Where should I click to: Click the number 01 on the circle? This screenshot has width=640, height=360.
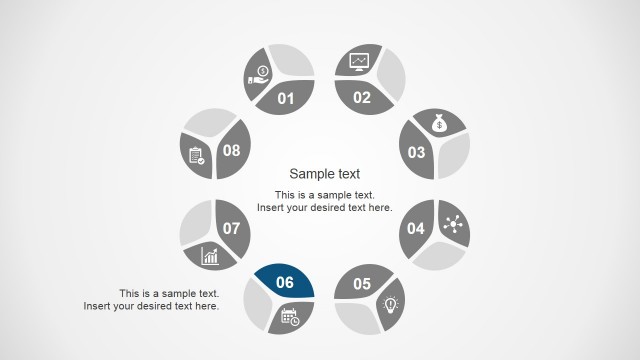point(286,98)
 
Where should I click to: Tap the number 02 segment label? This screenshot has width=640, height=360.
point(362,98)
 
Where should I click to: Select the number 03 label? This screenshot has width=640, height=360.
point(416,153)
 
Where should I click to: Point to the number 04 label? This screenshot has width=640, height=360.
point(416,229)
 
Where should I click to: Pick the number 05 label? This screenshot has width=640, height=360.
point(362,283)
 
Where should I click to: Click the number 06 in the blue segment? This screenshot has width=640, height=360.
point(285,283)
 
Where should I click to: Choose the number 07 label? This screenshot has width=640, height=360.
point(232,229)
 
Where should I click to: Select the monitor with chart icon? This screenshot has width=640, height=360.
point(358,63)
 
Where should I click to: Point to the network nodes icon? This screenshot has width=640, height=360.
point(448,224)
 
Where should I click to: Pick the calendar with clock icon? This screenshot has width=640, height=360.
point(290,318)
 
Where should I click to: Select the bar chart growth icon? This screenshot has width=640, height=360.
point(210,256)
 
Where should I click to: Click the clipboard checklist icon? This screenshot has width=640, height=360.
point(196,156)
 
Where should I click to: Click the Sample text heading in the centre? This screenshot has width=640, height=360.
point(324,173)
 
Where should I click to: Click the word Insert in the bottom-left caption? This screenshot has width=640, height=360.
point(99,306)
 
